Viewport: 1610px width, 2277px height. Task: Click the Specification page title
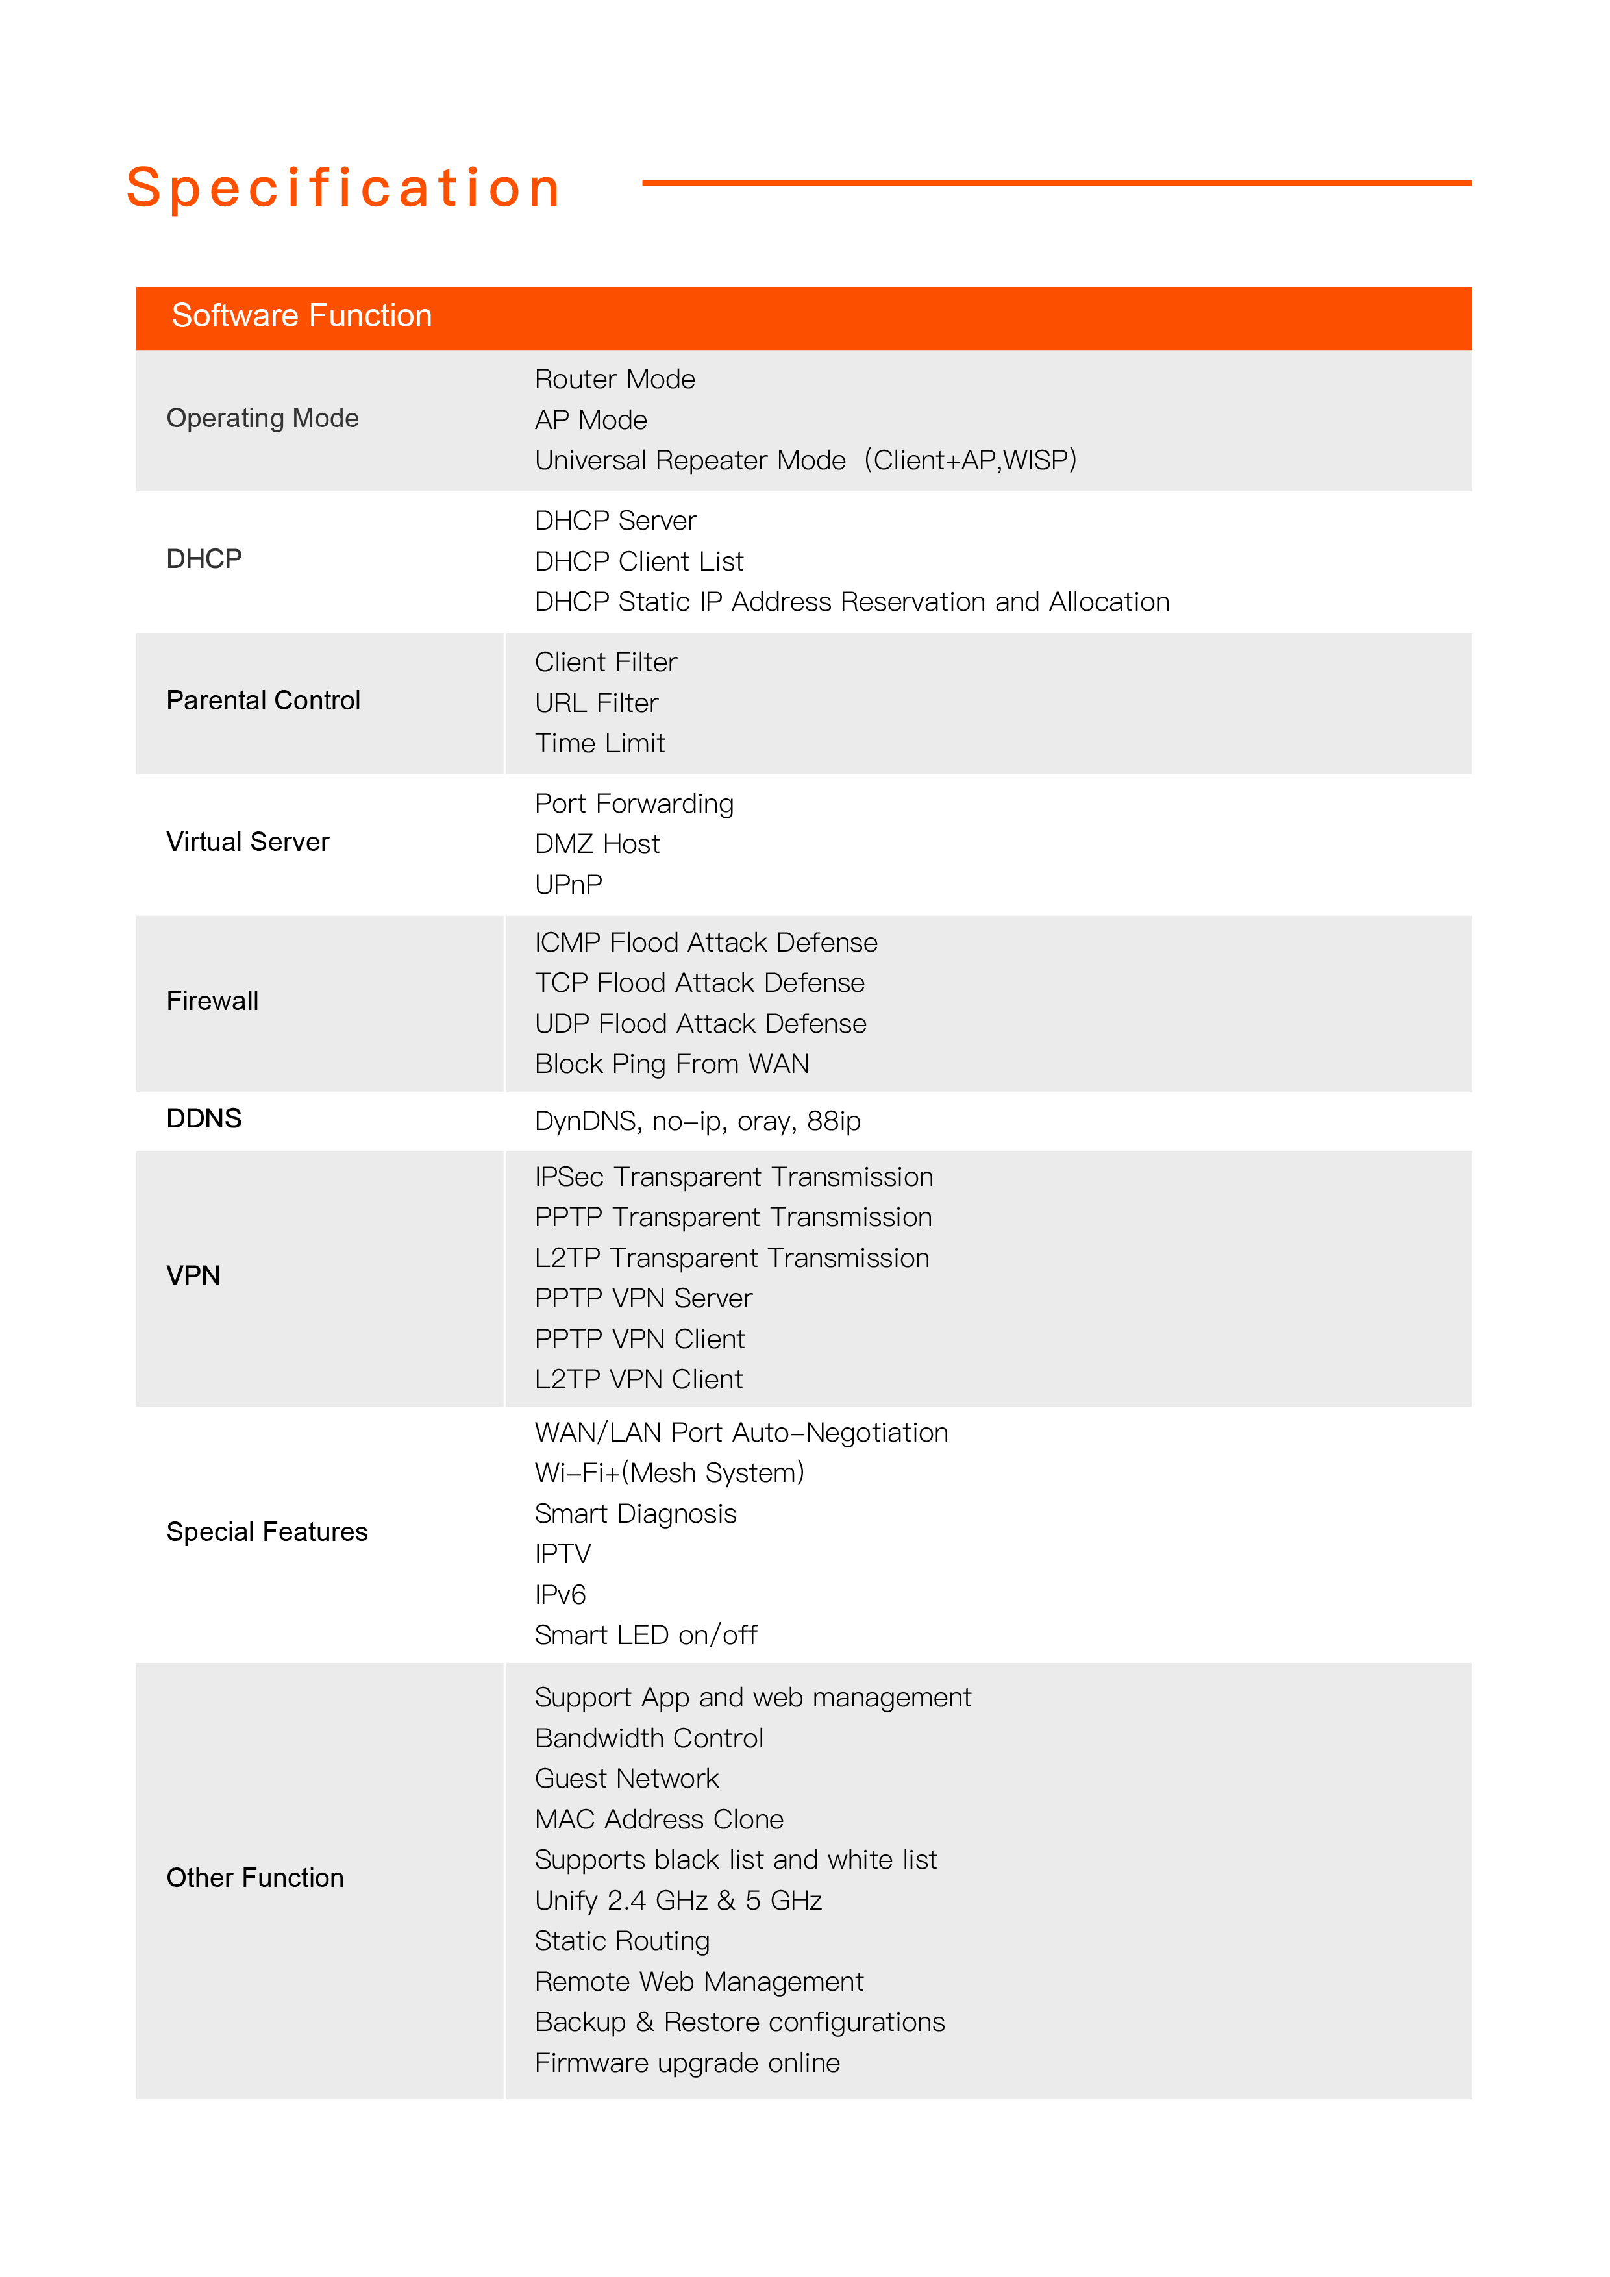click(x=343, y=188)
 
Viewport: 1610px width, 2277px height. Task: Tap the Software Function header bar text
click(x=302, y=315)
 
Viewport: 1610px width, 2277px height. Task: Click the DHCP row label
click(x=203, y=560)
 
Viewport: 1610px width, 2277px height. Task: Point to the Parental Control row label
click(x=263, y=700)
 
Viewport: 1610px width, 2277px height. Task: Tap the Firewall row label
click(x=212, y=1001)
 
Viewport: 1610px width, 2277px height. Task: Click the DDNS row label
click(x=203, y=1118)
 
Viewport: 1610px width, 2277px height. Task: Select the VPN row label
click(x=193, y=1275)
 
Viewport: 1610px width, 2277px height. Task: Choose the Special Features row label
click(x=267, y=1532)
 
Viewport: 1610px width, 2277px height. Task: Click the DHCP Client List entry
click(x=639, y=562)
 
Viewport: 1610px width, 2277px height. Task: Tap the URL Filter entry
click(x=596, y=703)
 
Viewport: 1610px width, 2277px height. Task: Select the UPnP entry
click(x=569, y=885)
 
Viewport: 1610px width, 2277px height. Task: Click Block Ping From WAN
click(x=671, y=1064)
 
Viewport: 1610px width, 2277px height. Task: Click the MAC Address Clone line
click(x=659, y=1820)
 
